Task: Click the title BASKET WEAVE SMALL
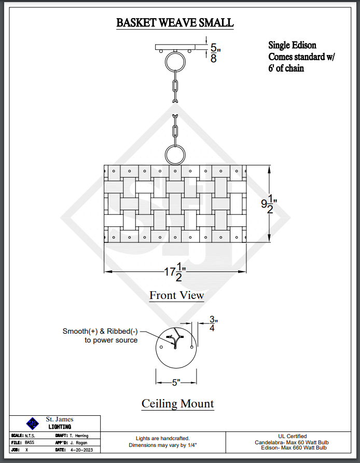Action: (x=175, y=23)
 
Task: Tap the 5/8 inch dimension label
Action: (x=214, y=53)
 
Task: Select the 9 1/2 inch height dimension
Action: (x=269, y=203)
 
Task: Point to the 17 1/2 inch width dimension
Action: (x=175, y=272)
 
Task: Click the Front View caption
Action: (x=177, y=295)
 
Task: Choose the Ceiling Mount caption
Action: (x=177, y=403)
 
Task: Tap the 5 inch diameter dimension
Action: (x=176, y=383)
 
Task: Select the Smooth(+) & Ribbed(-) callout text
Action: (x=101, y=335)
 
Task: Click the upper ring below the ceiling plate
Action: (x=175, y=62)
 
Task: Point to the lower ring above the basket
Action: (x=175, y=154)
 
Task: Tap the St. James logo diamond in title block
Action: (x=33, y=423)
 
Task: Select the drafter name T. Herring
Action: (x=79, y=435)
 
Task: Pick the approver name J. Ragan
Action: (x=77, y=443)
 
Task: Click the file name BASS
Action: (x=29, y=443)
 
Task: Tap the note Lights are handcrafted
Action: (x=162, y=438)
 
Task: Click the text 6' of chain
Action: (x=286, y=68)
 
